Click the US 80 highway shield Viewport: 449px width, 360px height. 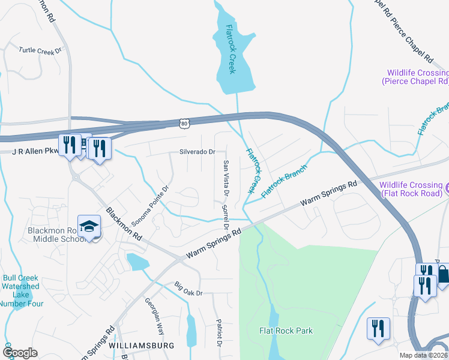(184, 123)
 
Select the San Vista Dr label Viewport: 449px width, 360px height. (226, 179)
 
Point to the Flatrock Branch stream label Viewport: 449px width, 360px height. (285, 182)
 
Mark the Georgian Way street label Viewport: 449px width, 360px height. (154, 315)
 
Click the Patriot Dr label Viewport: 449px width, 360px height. (219, 332)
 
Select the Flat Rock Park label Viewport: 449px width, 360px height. (286, 331)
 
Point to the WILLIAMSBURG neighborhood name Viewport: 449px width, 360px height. (142, 346)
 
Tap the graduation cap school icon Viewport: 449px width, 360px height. (89, 227)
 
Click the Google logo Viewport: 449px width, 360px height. (20, 353)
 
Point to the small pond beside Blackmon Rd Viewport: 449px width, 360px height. (137, 262)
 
